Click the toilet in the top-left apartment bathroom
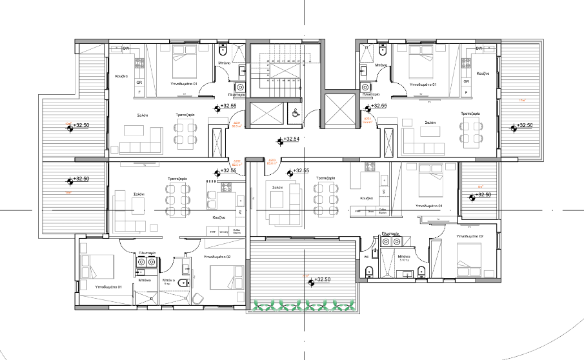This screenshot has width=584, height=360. pos(224,52)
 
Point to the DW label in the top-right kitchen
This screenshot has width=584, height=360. pos(479,49)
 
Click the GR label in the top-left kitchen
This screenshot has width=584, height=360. pos(139,82)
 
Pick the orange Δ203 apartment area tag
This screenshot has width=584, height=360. pos(272,162)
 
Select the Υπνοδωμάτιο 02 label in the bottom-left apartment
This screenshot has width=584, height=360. pos(217,257)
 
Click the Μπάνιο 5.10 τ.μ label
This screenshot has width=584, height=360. pos(405,257)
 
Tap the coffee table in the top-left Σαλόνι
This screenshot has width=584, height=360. pos(135,132)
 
